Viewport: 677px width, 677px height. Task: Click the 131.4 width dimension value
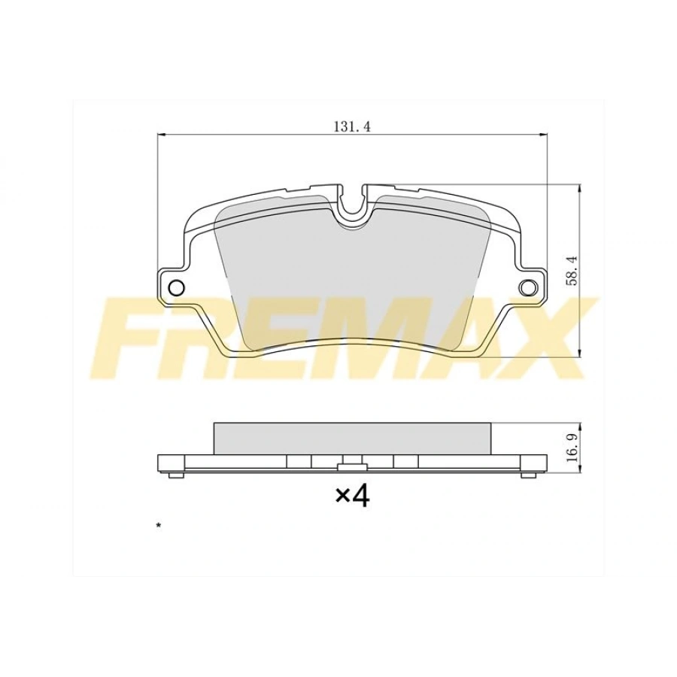click(x=352, y=126)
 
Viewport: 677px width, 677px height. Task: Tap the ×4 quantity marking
click(x=352, y=496)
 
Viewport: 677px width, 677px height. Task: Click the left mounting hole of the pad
click(x=176, y=287)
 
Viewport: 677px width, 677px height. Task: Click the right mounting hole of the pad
click(x=528, y=287)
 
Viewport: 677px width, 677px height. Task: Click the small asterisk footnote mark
click(x=159, y=524)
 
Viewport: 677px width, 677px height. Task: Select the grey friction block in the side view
click(x=352, y=438)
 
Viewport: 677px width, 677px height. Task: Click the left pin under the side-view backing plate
click(x=175, y=475)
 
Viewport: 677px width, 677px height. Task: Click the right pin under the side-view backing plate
click(x=529, y=475)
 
